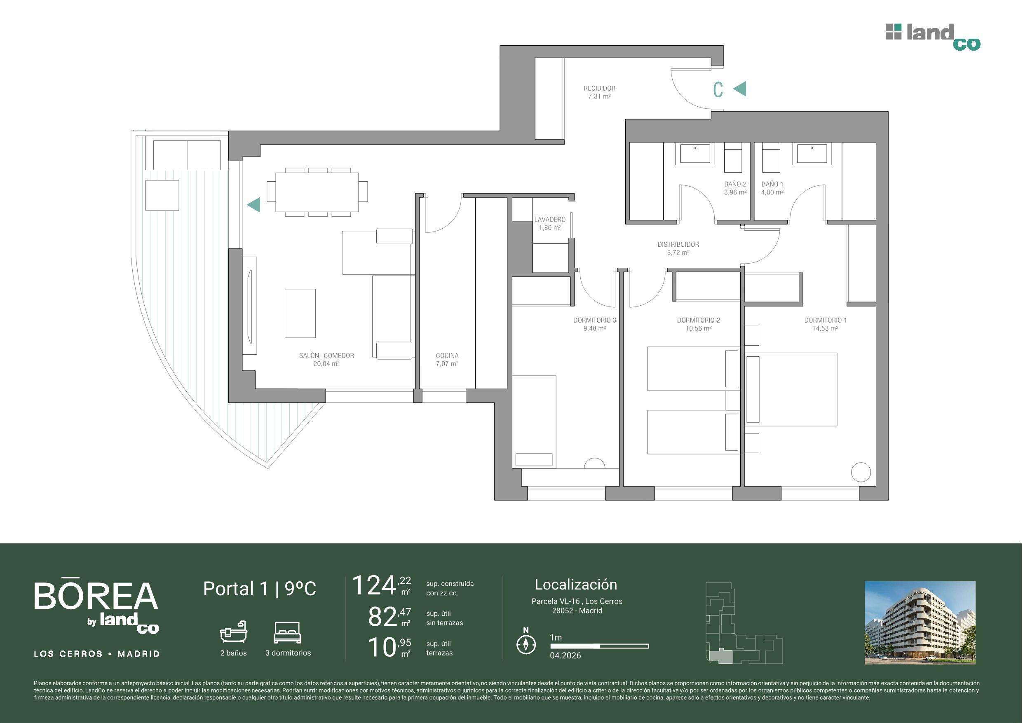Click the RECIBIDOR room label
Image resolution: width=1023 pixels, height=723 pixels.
(x=599, y=88)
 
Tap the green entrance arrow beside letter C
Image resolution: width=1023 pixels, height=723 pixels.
(x=739, y=89)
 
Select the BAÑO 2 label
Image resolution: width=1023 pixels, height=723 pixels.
(x=735, y=184)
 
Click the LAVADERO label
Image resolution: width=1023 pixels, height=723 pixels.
(x=550, y=219)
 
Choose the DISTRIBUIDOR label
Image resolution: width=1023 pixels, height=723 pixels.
(x=678, y=244)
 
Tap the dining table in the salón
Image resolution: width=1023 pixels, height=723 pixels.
(x=317, y=192)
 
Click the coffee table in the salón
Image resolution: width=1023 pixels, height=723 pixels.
(x=300, y=313)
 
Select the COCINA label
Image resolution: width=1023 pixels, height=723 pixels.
(x=447, y=356)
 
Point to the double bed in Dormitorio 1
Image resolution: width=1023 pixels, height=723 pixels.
(x=791, y=389)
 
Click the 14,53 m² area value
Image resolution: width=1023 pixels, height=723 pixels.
(x=825, y=328)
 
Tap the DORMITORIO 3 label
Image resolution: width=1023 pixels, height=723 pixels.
(x=594, y=320)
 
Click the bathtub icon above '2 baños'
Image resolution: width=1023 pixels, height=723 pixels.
(x=233, y=631)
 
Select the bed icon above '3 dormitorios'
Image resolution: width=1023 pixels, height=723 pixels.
(x=287, y=632)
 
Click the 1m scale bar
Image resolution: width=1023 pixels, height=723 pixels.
(x=599, y=646)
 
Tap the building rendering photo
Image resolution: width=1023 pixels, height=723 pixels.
(x=920, y=623)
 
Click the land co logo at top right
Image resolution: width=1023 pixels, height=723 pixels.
(x=933, y=37)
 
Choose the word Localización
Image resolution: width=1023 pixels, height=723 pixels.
(x=576, y=585)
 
